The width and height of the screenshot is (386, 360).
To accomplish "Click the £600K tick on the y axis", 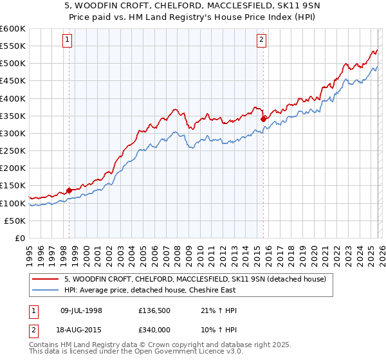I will tap(13, 29).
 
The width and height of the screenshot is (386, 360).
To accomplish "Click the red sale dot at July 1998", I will tap(69, 190).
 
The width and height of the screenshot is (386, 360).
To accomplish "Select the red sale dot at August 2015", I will tap(263, 119).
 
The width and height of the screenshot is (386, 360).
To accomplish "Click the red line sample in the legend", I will tap(47, 279).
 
